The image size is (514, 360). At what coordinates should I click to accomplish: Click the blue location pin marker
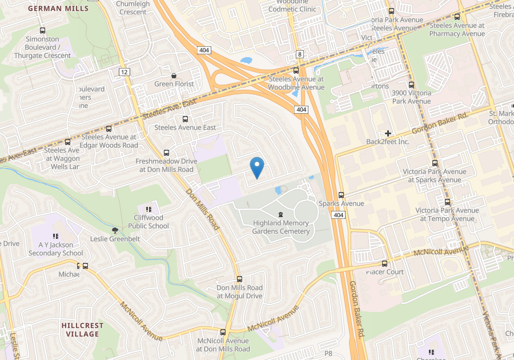[258, 167]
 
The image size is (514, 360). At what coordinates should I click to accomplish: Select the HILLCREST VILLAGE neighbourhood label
[82, 330]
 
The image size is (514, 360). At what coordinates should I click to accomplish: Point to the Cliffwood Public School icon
[148, 210]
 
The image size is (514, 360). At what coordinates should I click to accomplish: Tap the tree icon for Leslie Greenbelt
[115, 230]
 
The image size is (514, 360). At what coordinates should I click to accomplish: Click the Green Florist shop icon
[174, 75]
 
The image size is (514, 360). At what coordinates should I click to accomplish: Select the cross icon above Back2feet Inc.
[388, 133]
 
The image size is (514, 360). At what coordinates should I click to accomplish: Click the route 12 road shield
[124, 71]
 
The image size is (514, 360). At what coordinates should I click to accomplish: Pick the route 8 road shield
[299, 54]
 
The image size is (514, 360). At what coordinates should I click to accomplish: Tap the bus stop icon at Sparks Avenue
[341, 195]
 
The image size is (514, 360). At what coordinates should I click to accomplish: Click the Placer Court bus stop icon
[384, 263]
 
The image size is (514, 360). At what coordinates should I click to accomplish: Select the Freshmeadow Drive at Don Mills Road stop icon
[166, 153]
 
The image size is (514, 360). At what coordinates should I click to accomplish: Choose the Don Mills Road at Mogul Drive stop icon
[239, 279]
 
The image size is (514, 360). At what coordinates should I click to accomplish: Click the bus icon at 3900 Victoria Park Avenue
[411, 84]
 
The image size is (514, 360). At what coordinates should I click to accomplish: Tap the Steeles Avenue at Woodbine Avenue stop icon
[296, 70]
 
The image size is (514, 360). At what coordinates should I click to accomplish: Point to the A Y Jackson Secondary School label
[57, 249]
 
